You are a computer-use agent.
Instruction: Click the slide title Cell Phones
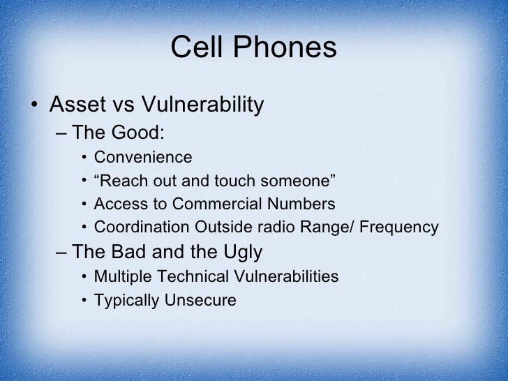pos(253,48)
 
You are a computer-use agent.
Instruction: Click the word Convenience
pos(142,156)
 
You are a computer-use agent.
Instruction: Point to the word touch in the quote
pos(231,181)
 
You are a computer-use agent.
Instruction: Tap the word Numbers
pos(304,204)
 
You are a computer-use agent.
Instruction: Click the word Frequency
pos(400,227)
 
